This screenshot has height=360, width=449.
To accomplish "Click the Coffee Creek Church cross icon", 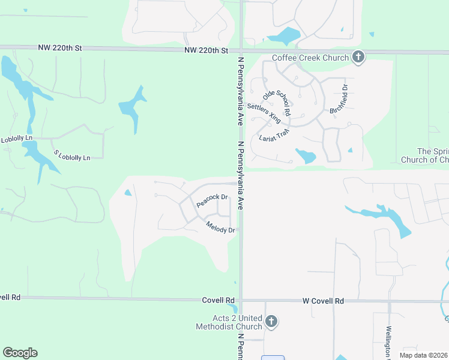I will [358, 58].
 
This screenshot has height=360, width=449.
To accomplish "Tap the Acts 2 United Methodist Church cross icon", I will [271, 322].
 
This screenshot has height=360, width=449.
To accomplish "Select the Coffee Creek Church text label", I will [310, 58].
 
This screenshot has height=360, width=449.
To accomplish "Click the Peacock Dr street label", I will [212, 200].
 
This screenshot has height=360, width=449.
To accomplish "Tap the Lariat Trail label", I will [274, 136].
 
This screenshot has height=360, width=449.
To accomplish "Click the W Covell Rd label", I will [323, 300].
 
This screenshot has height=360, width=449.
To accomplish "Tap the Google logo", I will [20, 353].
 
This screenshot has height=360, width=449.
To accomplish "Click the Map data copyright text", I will [424, 355].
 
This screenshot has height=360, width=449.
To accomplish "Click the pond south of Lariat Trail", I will [306, 156].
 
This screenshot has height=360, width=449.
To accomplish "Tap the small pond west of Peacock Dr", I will [127, 193].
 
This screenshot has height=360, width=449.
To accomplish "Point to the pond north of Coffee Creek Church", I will [284, 36].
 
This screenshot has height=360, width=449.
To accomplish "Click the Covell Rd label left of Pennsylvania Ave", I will [217, 300].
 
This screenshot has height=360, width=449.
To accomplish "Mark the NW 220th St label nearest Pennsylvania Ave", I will [208, 51].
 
